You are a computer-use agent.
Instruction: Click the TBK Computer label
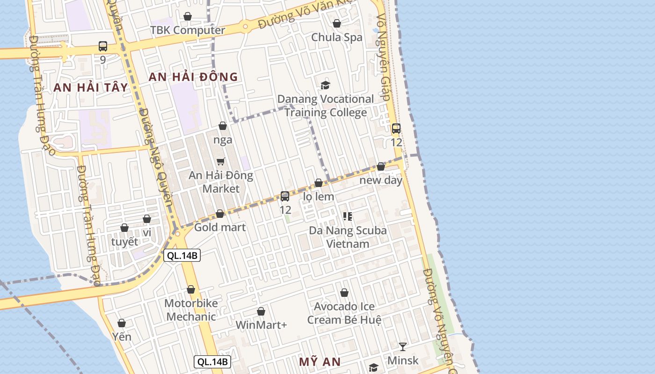tap(188, 30)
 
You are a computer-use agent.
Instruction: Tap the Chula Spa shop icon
tap(337, 23)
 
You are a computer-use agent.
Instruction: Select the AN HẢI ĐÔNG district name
tap(193, 77)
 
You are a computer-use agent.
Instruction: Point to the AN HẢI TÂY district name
tap(90, 87)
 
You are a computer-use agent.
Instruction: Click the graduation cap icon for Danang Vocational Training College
tap(325, 85)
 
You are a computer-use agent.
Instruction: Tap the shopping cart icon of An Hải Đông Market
tap(221, 162)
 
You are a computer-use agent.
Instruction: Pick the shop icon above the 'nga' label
tap(223, 126)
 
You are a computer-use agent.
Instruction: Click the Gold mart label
tap(220, 228)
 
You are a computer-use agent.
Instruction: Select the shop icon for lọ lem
tap(319, 183)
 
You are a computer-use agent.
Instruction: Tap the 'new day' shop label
tap(381, 180)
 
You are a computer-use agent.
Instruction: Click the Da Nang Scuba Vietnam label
tap(348, 237)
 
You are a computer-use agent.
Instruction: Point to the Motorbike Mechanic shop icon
tap(191, 290)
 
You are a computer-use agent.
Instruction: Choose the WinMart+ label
tap(261, 325)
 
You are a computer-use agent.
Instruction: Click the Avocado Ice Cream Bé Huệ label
tap(344, 313)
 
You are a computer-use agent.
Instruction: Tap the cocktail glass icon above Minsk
tap(403, 347)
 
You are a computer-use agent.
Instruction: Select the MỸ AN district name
tap(320, 362)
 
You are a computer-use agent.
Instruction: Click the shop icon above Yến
tap(122, 323)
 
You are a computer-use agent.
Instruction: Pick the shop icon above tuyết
tap(124, 228)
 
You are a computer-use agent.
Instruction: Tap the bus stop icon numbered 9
tap(103, 46)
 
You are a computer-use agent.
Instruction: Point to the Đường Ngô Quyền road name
tap(156, 159)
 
